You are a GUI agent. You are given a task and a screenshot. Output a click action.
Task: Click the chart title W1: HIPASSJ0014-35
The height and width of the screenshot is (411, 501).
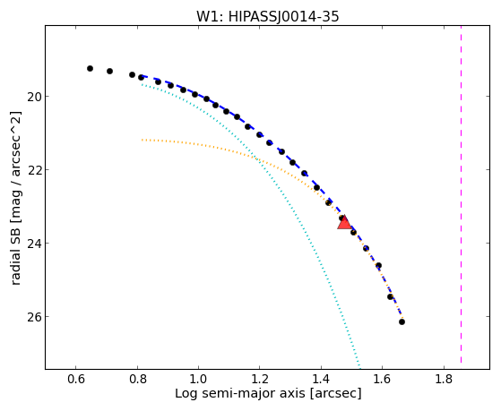[267, 16]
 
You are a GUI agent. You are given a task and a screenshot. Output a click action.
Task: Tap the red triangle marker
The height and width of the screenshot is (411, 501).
[344, 223]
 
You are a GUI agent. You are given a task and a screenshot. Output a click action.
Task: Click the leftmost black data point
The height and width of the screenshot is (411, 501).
[91, 68]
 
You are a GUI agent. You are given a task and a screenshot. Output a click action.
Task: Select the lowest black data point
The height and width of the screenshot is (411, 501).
[402, 321]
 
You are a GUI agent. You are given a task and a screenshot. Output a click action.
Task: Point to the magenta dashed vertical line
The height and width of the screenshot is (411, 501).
[461, 194]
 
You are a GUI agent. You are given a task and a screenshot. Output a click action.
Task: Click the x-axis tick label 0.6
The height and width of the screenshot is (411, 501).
[75, 379]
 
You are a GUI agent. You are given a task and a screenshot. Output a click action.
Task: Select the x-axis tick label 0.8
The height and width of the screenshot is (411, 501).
[137, 379]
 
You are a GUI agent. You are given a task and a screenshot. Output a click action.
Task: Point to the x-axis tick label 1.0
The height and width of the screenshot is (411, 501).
[198, 379]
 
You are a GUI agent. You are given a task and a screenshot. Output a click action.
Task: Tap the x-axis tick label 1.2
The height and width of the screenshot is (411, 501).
[260, 379]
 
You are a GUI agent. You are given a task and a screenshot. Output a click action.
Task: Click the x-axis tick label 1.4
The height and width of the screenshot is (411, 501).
[321, 379]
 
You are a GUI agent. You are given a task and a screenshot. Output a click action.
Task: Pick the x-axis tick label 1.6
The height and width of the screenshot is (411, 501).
[383, 379]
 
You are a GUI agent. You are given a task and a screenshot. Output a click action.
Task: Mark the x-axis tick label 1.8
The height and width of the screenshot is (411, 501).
[444, 379]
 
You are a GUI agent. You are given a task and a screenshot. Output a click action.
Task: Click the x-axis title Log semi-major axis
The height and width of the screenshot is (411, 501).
[240, 394]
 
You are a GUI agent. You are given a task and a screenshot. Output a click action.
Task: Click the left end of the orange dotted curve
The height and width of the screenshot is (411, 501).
[142, 140]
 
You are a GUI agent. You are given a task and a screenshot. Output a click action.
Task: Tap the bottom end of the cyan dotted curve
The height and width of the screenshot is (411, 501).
[359, 366]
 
